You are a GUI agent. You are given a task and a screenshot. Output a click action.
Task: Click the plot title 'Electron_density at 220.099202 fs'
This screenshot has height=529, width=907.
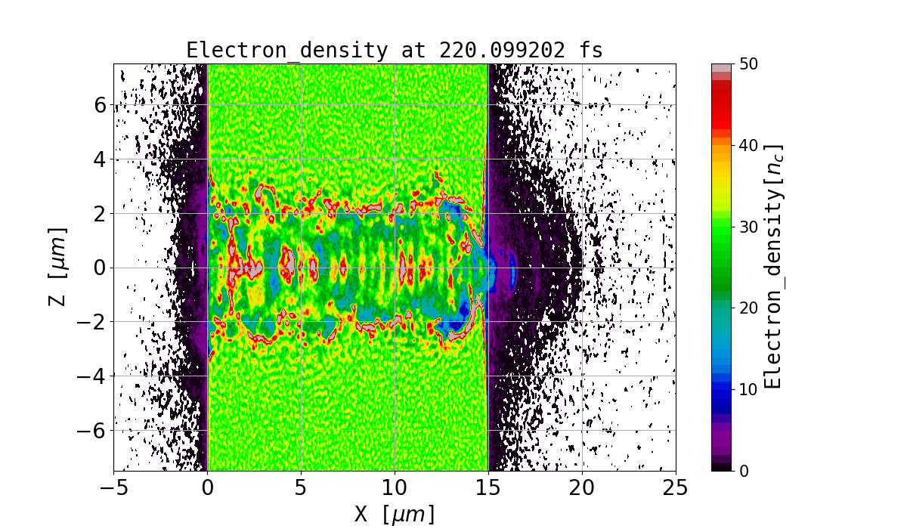(395, 51)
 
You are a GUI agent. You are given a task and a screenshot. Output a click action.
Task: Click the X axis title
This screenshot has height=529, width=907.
(395, 514)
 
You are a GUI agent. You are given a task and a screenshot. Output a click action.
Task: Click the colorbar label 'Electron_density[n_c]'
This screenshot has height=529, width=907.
(772, 267)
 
